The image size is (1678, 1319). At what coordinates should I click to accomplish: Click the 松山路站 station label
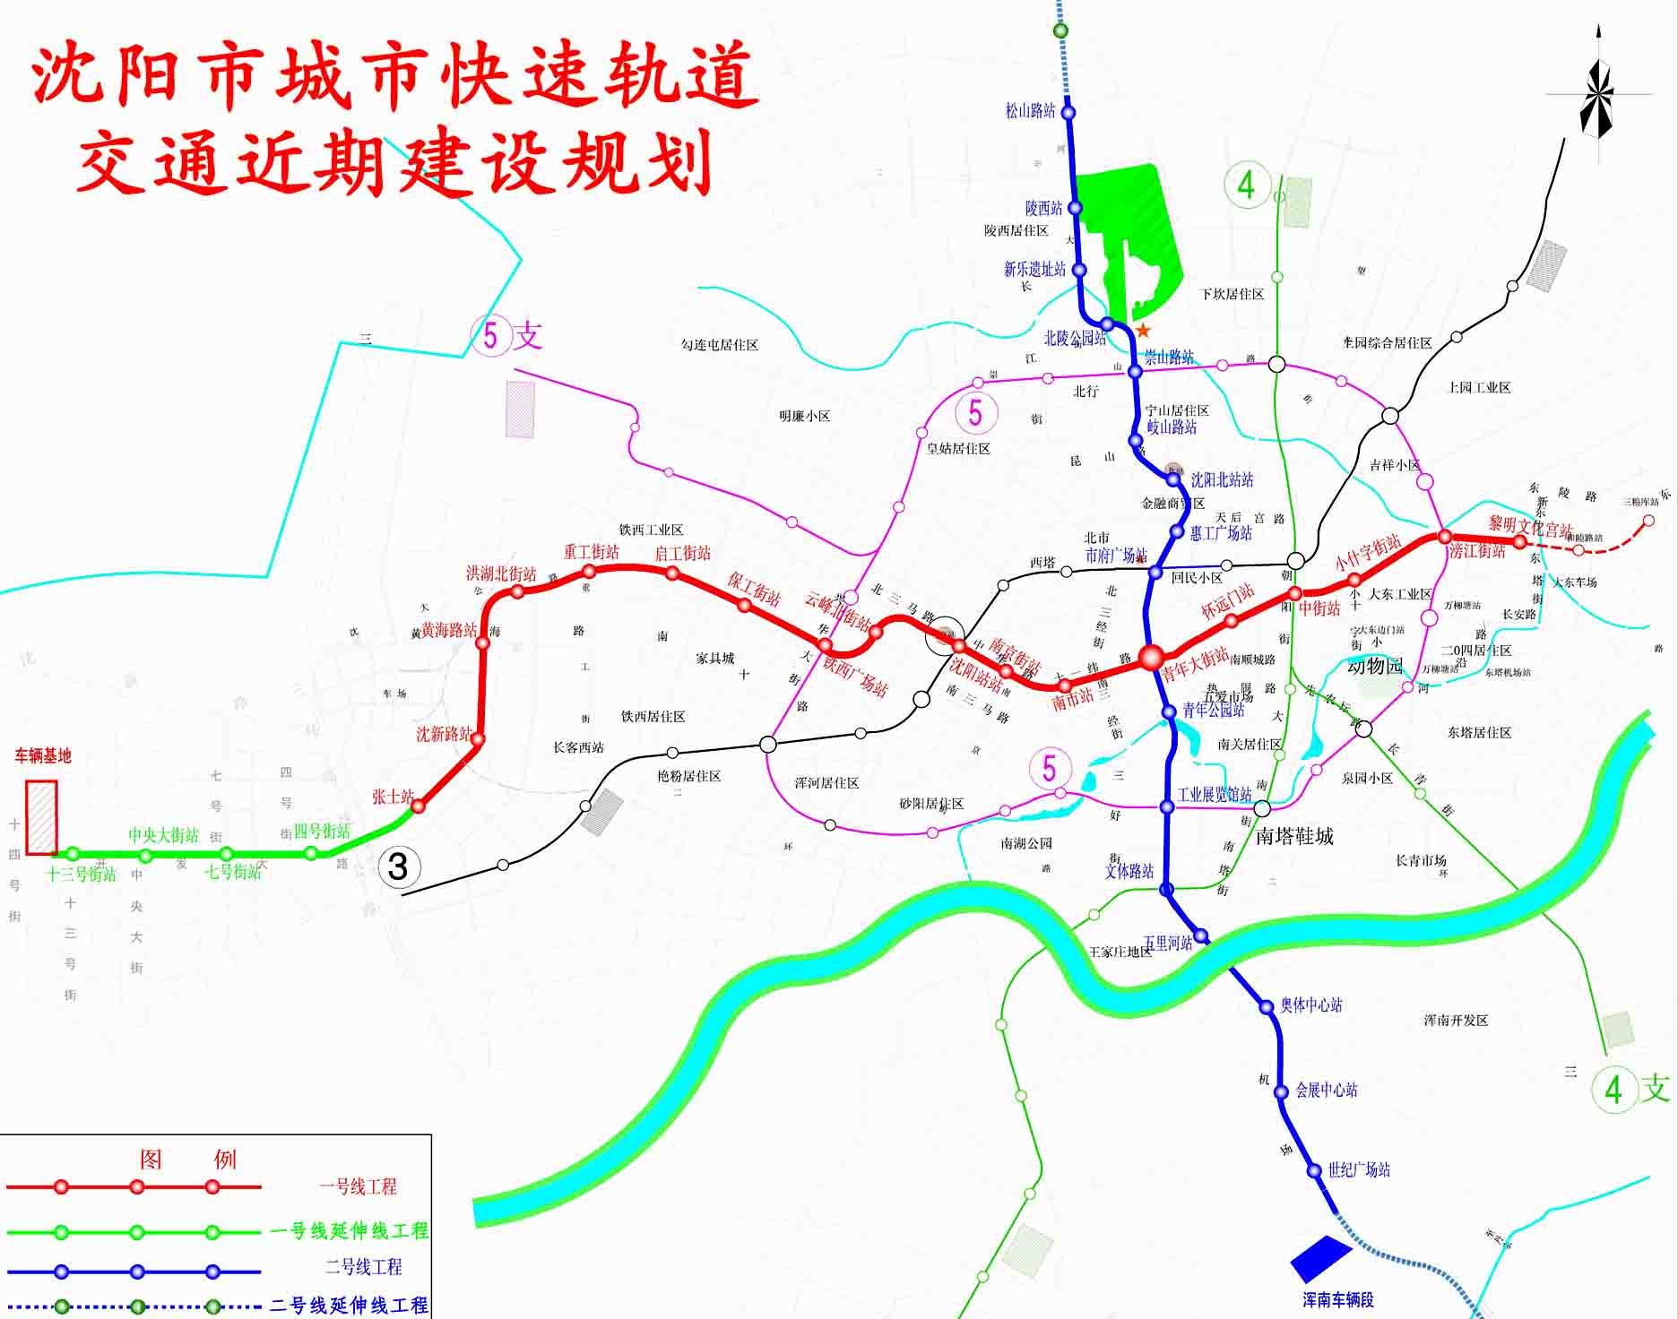(1030, 111)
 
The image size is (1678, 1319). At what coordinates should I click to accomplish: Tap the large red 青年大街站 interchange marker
(1151, 658)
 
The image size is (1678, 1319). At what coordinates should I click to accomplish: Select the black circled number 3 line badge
(398, 866)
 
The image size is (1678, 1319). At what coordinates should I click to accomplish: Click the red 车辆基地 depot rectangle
(41, 817)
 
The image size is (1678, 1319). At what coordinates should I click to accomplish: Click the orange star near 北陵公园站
(1143, 331)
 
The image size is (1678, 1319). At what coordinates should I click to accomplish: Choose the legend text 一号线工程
(358, 1187)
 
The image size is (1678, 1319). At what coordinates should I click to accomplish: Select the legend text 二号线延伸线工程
(350, 1306)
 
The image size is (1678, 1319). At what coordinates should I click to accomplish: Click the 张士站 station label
(393, 797)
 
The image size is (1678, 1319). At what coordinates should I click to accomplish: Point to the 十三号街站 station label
(82, 875)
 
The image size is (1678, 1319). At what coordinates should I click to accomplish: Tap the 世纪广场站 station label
(1359, 1169)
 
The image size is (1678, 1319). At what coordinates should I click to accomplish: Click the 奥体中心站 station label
(1310, 1005)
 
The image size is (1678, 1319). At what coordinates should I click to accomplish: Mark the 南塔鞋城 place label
(1294, 836)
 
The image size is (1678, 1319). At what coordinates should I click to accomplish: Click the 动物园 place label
(1374, 667)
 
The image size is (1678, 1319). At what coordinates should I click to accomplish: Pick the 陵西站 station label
(1043, 209)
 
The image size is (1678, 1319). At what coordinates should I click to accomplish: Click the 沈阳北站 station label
(1222, 480)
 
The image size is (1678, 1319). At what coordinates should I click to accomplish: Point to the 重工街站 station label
(591, 552)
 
